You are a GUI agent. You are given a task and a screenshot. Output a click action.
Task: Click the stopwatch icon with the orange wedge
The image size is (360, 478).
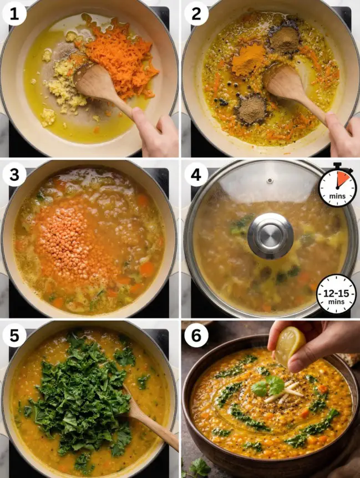(337, 186)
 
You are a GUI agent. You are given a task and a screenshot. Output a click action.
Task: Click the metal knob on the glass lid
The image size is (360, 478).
(270, 235)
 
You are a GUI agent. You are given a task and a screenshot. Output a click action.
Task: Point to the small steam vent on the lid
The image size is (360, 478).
(270, 180)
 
